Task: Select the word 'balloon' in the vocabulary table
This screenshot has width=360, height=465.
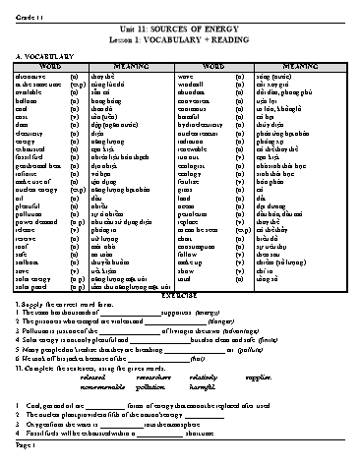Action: pos(29,100)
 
